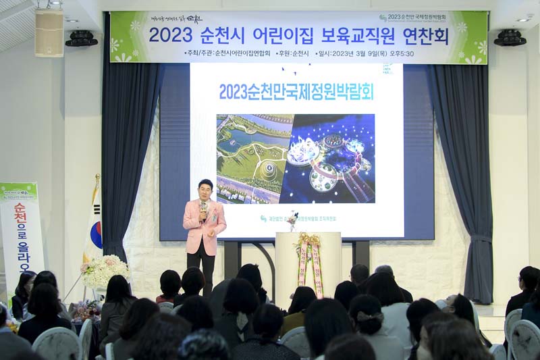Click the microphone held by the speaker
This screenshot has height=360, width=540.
tap(202, 208)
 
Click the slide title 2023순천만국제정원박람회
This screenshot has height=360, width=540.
tap(296, 91)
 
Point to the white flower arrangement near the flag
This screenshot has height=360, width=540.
tap(104, 270)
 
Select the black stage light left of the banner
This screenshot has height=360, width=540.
tap(82, 38)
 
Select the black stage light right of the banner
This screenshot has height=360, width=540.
tap(510, 38)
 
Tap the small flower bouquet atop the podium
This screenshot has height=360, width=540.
tap(293, 220)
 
